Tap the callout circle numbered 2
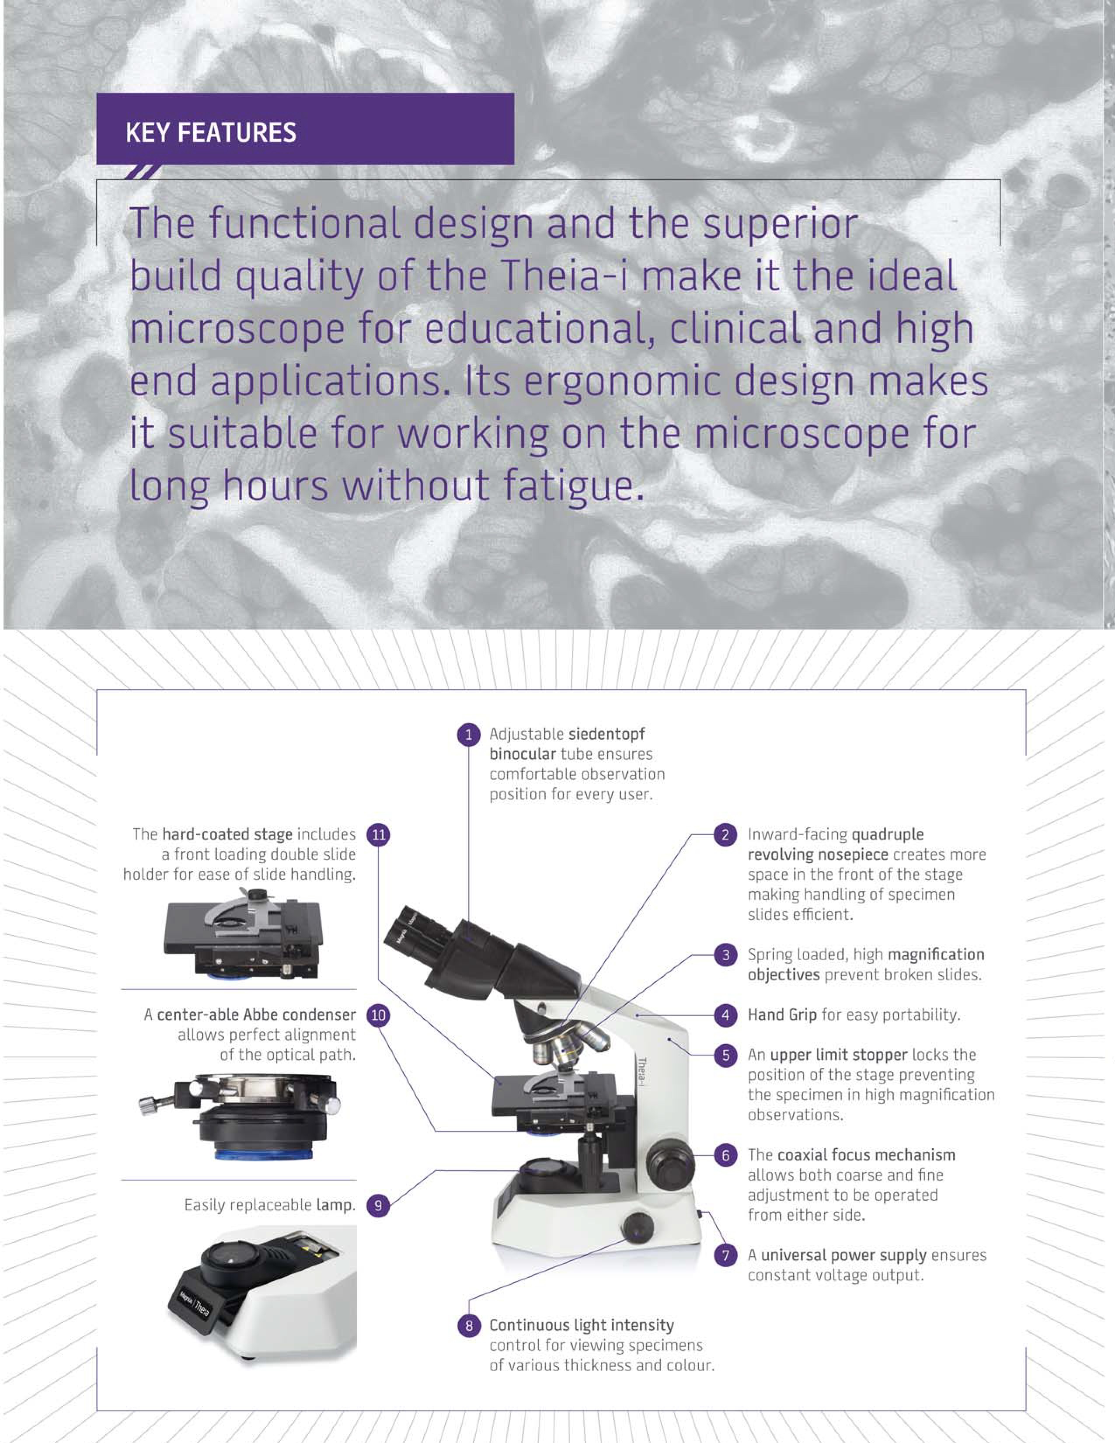[725, 834]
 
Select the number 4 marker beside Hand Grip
[725, 1015]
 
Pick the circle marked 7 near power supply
[725, 1255]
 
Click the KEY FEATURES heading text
[211, 133]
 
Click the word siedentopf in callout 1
[606, 735]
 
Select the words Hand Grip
[782, 1015]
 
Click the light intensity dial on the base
[637, 1228]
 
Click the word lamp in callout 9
[335, 1205]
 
